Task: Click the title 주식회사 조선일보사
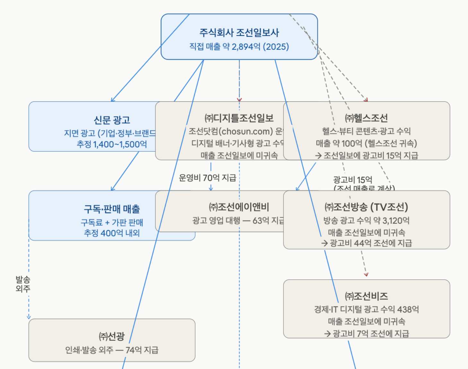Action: coord(239,32)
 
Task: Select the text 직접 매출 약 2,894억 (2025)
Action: coord(239,47)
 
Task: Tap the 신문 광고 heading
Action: coord(112,120)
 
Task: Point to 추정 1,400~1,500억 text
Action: coord(112,144)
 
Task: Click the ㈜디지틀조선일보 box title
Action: coord(239,118)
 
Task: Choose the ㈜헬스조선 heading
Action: coord(366,118)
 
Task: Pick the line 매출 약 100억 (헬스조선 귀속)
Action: coord(366,143)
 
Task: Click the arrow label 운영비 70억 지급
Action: coord(207,178)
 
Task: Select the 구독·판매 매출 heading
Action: coord(112,209)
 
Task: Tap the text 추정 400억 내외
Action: coord(112,233)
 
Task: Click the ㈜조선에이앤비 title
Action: coord(239,207)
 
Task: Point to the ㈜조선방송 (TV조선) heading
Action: coord(366,207)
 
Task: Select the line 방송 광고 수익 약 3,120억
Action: coord(366,221)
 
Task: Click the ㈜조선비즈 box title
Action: coord(366,296)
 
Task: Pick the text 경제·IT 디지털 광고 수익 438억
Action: coord(366,310)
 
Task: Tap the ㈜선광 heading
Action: coord(112,337)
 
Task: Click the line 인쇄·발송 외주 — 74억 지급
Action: coord(112,350)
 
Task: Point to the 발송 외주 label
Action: coord(23,284)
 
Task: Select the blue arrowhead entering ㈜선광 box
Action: coord(29,317)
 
